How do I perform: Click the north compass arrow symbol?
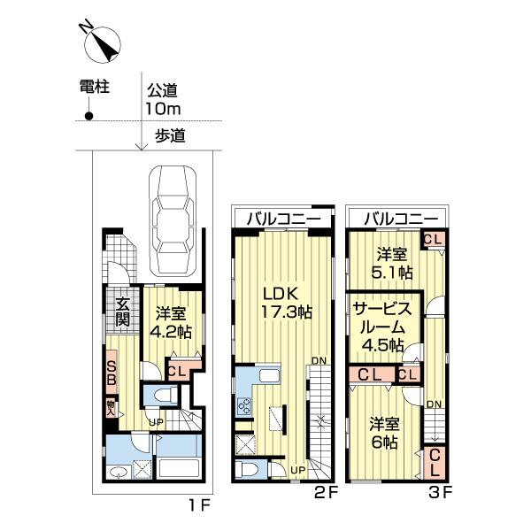104,42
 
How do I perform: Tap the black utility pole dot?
88,115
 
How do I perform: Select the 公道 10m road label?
163,99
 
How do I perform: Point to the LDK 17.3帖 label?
282,302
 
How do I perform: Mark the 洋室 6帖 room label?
382,432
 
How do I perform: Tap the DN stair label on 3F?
435,404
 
